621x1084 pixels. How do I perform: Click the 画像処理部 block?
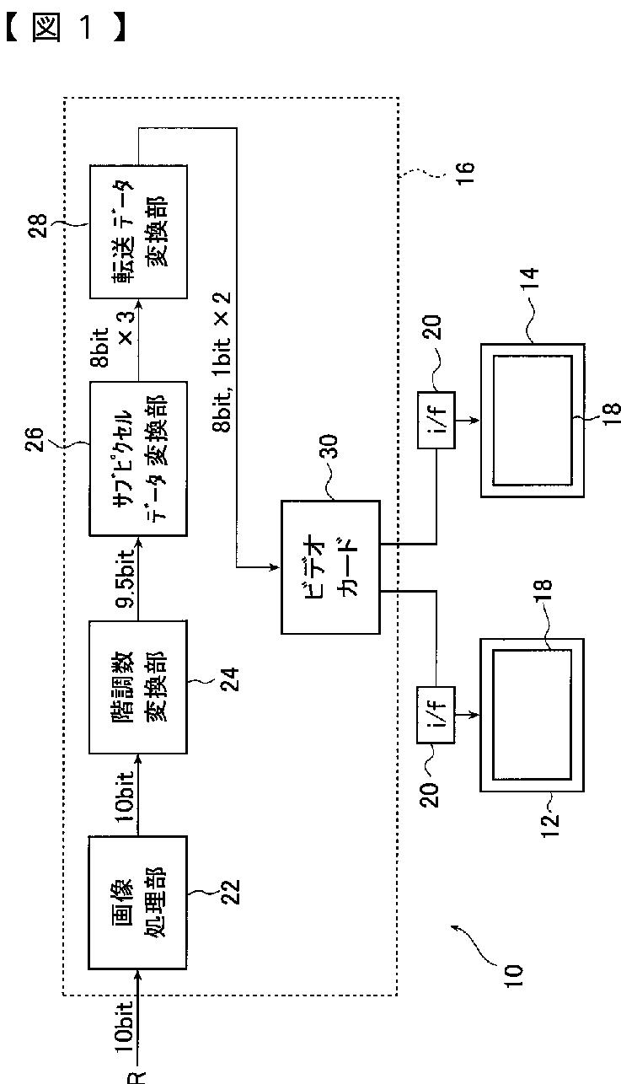(138, 903)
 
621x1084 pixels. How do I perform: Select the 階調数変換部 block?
(138, 687)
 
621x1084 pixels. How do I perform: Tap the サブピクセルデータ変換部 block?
(138, 459)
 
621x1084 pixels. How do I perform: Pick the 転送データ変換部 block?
(138, 231)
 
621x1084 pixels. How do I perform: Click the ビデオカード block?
(331, 566)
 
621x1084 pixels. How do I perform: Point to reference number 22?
(230, 891)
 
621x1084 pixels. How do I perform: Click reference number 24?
(230, 679)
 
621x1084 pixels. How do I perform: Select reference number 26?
(35, 439)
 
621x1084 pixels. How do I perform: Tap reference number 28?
(38, 226)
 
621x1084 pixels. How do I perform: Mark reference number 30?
(329, 446)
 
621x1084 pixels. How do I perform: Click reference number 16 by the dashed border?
(464, 173)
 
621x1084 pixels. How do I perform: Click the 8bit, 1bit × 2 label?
(222, 361)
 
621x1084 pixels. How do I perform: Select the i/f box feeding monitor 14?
(436, 420)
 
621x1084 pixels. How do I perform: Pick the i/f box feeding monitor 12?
(436, 714)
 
